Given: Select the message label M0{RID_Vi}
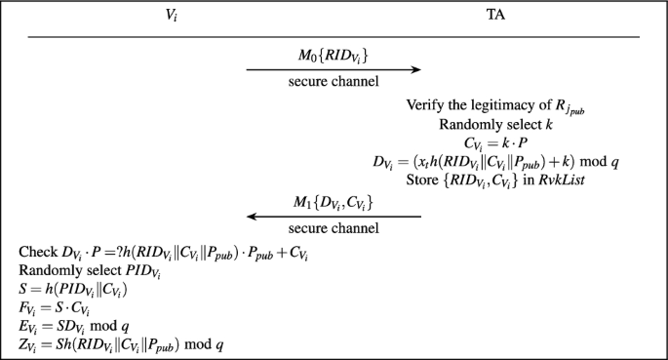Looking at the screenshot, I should (333, 54).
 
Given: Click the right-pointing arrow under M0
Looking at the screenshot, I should (333, 69).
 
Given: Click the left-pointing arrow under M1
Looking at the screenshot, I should (333, 217).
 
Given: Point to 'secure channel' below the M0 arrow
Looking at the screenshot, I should (333, 81).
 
